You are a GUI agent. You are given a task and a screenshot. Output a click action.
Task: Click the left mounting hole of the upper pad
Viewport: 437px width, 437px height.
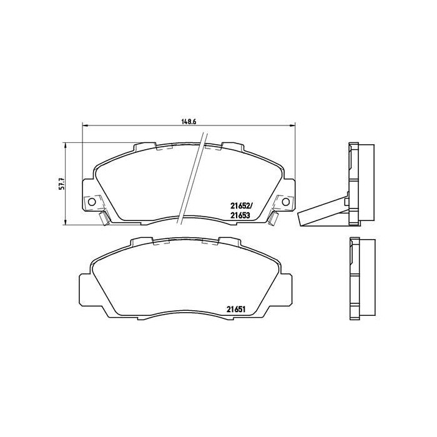pos(92,202)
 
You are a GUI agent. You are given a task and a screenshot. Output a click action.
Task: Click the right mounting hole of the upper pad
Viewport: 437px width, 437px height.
pos(286,202)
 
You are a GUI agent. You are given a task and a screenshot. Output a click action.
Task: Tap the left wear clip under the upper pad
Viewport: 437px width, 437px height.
pos(104,218)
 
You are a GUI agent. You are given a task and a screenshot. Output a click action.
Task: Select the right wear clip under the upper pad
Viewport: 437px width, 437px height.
pos(273,218)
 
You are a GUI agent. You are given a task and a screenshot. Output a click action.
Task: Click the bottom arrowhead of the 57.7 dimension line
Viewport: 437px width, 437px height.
pos(66,223)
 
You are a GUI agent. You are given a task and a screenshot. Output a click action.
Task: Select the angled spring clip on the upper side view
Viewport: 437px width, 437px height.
pos(322,212)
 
